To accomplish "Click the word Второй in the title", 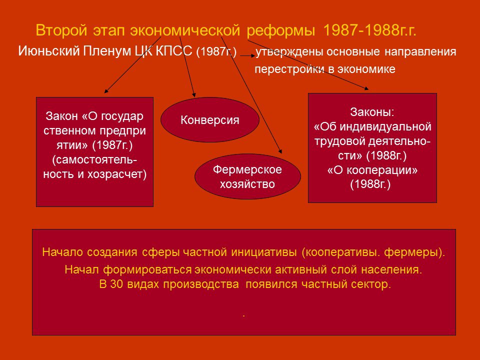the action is [x=61, y=30].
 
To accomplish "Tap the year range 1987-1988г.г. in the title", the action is [x=369, y=30].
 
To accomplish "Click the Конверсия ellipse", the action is [x=210, y=119].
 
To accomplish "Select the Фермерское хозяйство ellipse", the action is [x=247, y=176].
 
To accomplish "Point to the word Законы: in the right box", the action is [x=372, y=112].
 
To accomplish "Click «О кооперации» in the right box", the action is [x=372, y=170].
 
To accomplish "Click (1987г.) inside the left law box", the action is [x=112, y=145].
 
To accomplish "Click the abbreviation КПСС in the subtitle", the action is [x=174, y=51].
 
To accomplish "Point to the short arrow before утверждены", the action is [x=247, y=55].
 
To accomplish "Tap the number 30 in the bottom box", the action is [x=116, y=284].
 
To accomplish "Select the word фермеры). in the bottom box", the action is [x=414, y=252].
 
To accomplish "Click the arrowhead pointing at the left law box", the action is [x=106, y=91].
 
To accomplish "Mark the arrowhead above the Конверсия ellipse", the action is [x=194, y=95].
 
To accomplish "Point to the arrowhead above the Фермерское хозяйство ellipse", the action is [x=280, y=151].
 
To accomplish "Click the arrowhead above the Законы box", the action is [x=366, y=88].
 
